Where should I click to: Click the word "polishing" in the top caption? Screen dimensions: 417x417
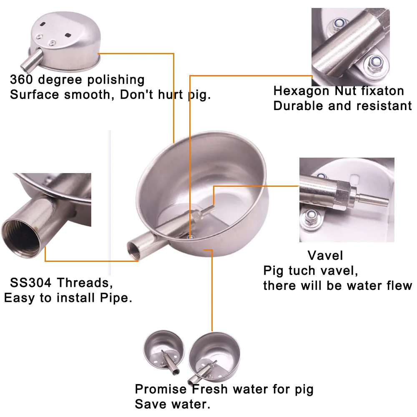click(113, 80)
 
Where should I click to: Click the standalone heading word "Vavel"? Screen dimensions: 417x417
click(325, 255)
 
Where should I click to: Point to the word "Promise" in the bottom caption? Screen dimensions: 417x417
click(161, 389)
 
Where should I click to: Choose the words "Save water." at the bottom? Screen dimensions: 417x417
click(172, 404)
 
